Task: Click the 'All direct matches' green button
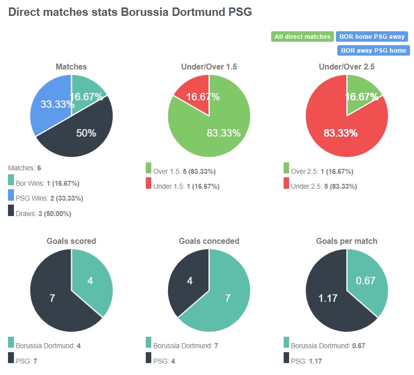click(302, 37)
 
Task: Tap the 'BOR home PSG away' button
click(372, 37)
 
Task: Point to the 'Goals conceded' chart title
click(209, 241)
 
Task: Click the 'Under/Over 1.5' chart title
click(209, 67)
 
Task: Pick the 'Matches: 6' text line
click(28, 168)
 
